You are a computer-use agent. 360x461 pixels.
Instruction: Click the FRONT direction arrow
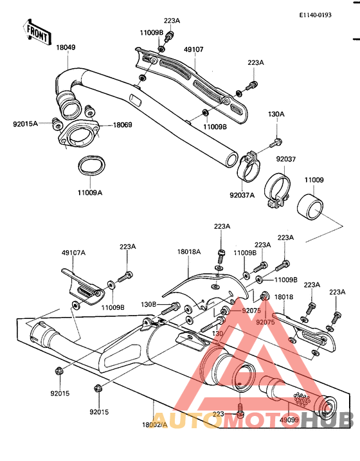click(37, 33)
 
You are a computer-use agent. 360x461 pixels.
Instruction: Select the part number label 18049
click(66, 47)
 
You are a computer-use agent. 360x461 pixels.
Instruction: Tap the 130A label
click(276, 114)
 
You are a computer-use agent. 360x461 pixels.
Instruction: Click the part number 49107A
click(74, 253)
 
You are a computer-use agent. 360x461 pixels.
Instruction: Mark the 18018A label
click(189, 253)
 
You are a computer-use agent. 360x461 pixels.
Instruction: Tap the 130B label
click(149, 304)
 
